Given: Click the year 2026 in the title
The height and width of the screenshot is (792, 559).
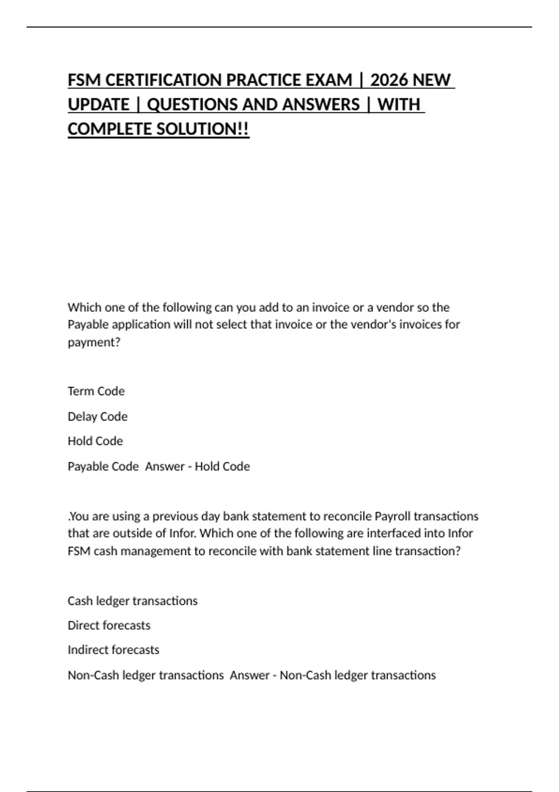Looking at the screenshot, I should click(389, 80).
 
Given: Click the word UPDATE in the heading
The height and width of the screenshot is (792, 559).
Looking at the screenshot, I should click(98, 104).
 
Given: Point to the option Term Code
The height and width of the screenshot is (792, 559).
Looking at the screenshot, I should click(96, 391).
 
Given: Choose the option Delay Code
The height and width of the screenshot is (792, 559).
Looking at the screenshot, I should click(97, 416).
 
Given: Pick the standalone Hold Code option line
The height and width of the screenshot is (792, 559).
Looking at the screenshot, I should click(95, 441).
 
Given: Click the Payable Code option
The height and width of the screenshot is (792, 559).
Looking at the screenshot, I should click(103, 466).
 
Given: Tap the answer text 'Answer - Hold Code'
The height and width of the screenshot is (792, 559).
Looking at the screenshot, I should click(198, 466).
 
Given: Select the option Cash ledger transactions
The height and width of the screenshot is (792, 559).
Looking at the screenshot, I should click(132, 601).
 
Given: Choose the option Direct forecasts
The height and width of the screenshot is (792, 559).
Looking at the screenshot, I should click(109, 625).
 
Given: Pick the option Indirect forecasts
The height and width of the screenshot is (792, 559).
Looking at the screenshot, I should click(113, 649).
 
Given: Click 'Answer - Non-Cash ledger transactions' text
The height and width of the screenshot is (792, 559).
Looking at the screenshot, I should click(333, 675).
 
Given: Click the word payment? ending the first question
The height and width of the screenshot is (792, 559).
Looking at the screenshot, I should click(94, 342).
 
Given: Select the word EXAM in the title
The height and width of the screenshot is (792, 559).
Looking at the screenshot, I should click(328, 80).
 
